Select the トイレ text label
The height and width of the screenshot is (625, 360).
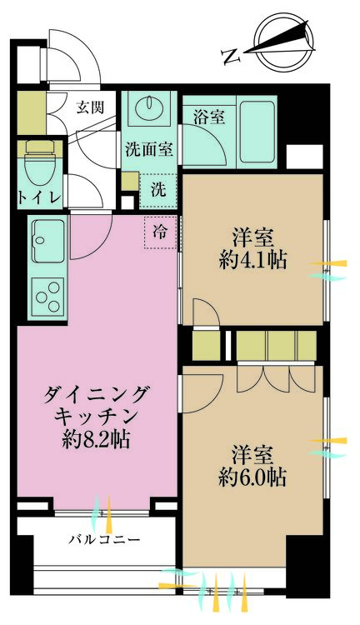pyautogui.click(x=37, y=197)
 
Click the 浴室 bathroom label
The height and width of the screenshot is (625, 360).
pyautogui.click(x=208, y=117)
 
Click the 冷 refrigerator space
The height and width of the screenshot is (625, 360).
pyautogui.click(x=160, y=232)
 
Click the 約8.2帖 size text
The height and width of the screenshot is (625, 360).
pyautogui.click(x=97, y=439)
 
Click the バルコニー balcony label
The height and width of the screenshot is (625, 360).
pyautogui.click(x=104, y=539)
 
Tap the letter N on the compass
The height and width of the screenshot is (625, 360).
pyautogui.click(x=230, y=56)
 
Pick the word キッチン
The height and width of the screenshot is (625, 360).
pyautogui.click(x=97, y=416)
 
